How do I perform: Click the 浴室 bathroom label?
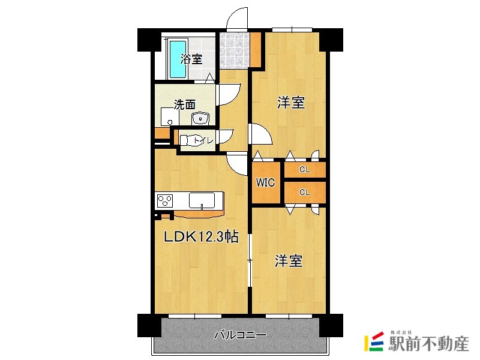[191, 59]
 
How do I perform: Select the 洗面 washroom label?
[184, 104]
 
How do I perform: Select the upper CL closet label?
[305, 170]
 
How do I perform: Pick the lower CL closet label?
[305, 193]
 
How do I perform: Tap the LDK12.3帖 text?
[202, 238]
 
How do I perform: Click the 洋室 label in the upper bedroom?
[291, 103]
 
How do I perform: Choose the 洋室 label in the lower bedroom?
[289, 262]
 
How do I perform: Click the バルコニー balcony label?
[240, 335]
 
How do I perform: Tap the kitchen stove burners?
[165, 200]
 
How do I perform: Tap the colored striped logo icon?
[373, 341]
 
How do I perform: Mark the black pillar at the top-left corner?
[148, 40]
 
